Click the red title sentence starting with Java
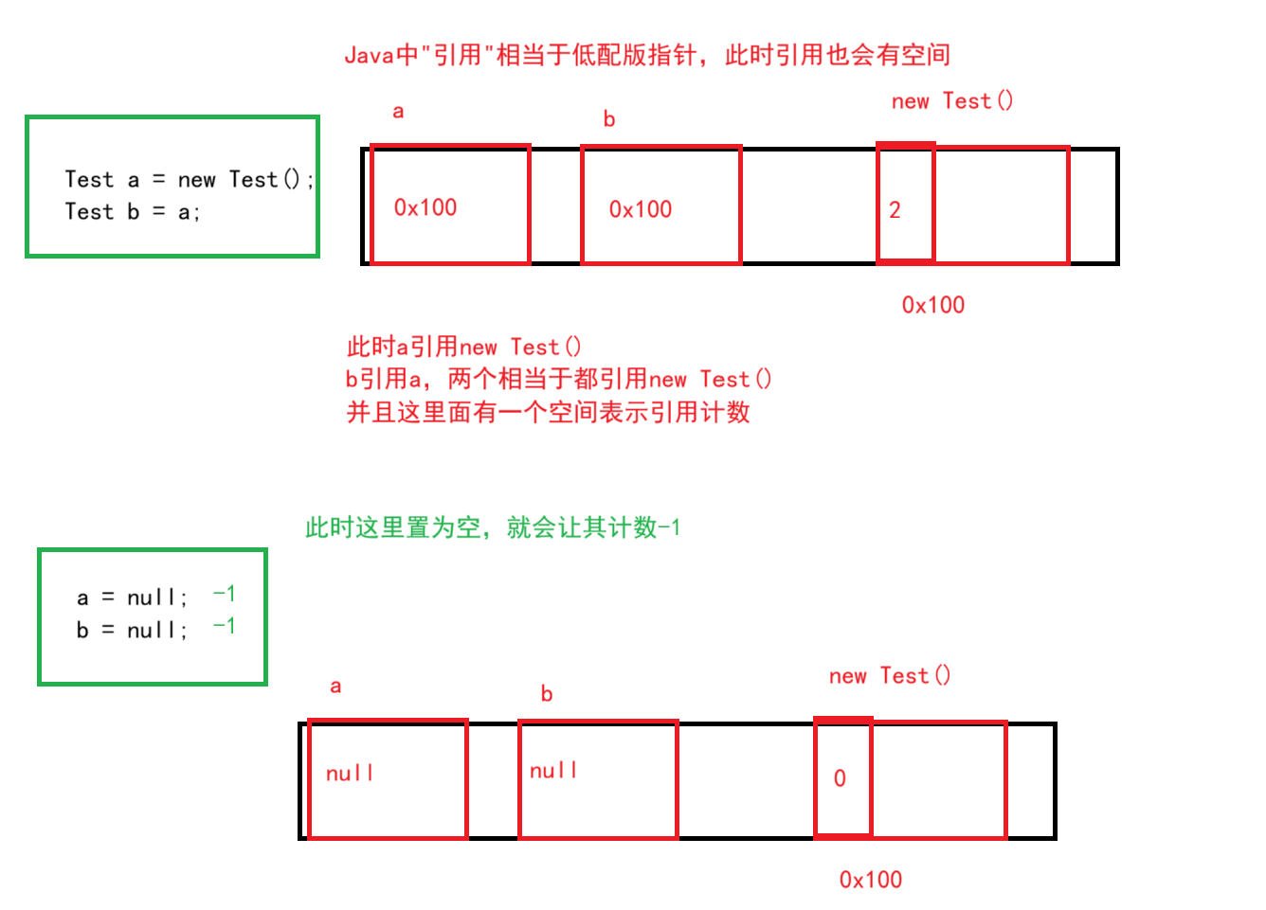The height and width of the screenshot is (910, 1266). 647,55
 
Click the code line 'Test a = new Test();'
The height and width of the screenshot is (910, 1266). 189,179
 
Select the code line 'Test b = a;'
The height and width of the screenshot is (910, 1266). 132,212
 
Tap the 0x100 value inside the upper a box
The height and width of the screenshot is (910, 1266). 425,207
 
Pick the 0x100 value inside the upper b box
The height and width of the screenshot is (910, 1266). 641,209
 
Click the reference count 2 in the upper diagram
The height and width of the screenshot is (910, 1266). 895,210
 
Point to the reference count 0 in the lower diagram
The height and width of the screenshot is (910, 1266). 840,778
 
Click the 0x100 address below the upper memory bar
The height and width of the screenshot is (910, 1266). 933,305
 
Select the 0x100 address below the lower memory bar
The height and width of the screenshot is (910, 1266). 871,880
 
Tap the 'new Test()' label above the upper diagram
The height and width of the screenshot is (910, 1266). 952,101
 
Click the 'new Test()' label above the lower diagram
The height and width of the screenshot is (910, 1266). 890,676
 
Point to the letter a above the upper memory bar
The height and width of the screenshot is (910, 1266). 398,112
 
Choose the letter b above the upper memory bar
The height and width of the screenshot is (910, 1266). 609,119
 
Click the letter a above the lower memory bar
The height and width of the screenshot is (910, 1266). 335,687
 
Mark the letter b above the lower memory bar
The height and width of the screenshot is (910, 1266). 547,694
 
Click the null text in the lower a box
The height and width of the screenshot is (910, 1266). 350,774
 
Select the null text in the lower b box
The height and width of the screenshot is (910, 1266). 553,771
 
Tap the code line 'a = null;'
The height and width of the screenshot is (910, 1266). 132,598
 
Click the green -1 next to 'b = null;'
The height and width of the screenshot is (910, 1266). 225,626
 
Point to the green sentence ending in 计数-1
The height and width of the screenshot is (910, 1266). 493,527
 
